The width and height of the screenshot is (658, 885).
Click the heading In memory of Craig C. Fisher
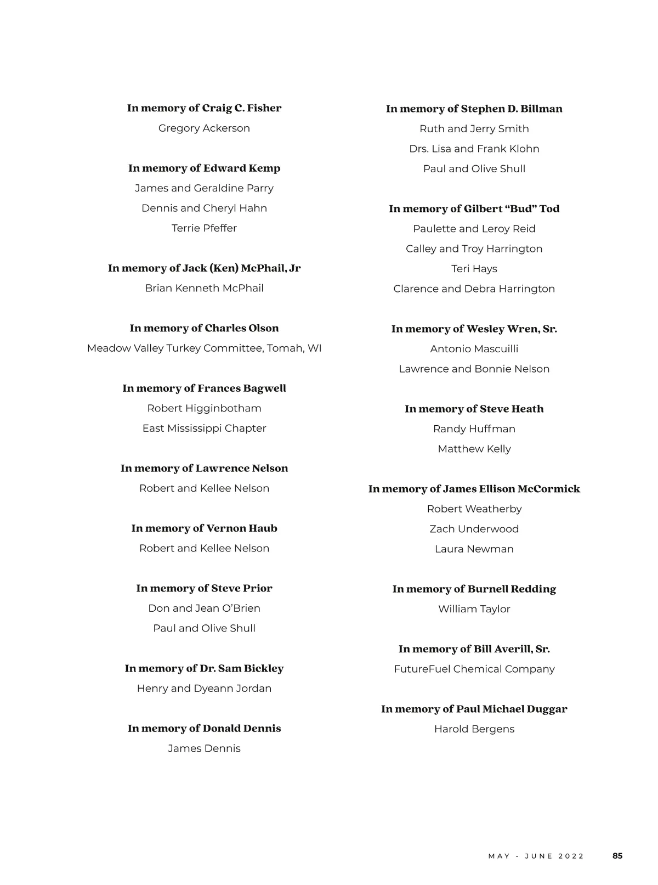pos(204,108)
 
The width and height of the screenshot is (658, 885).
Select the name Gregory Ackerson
pos(204,128)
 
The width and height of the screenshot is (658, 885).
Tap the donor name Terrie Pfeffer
pos(204,228)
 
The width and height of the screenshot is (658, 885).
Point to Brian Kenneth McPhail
pos(204,288)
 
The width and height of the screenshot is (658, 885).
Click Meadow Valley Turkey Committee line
pos(204,348)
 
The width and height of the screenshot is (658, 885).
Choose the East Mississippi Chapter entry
pos(204,429)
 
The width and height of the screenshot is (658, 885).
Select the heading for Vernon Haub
pos(204,528)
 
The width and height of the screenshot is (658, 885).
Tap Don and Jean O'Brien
pos(204,608)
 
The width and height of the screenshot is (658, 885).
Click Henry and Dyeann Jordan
pos(204,689)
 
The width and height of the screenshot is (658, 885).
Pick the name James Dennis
pos(204,748)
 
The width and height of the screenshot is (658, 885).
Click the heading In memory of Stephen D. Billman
pos(474,109)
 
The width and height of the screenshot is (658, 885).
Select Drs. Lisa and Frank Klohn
pos(474,149)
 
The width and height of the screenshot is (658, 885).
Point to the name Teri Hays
pos(474,269)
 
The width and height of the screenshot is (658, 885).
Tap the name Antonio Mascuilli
pos(474,349)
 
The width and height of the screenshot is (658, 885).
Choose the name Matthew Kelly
pos(474,449)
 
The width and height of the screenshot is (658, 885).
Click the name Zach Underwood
pos(474,529)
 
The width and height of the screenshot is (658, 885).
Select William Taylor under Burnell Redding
pos(474,609)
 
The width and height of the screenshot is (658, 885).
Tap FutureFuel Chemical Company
pos(474,669)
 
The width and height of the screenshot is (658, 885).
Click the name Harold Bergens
pos(474,729)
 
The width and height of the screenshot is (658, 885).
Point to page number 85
pos(617,856)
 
